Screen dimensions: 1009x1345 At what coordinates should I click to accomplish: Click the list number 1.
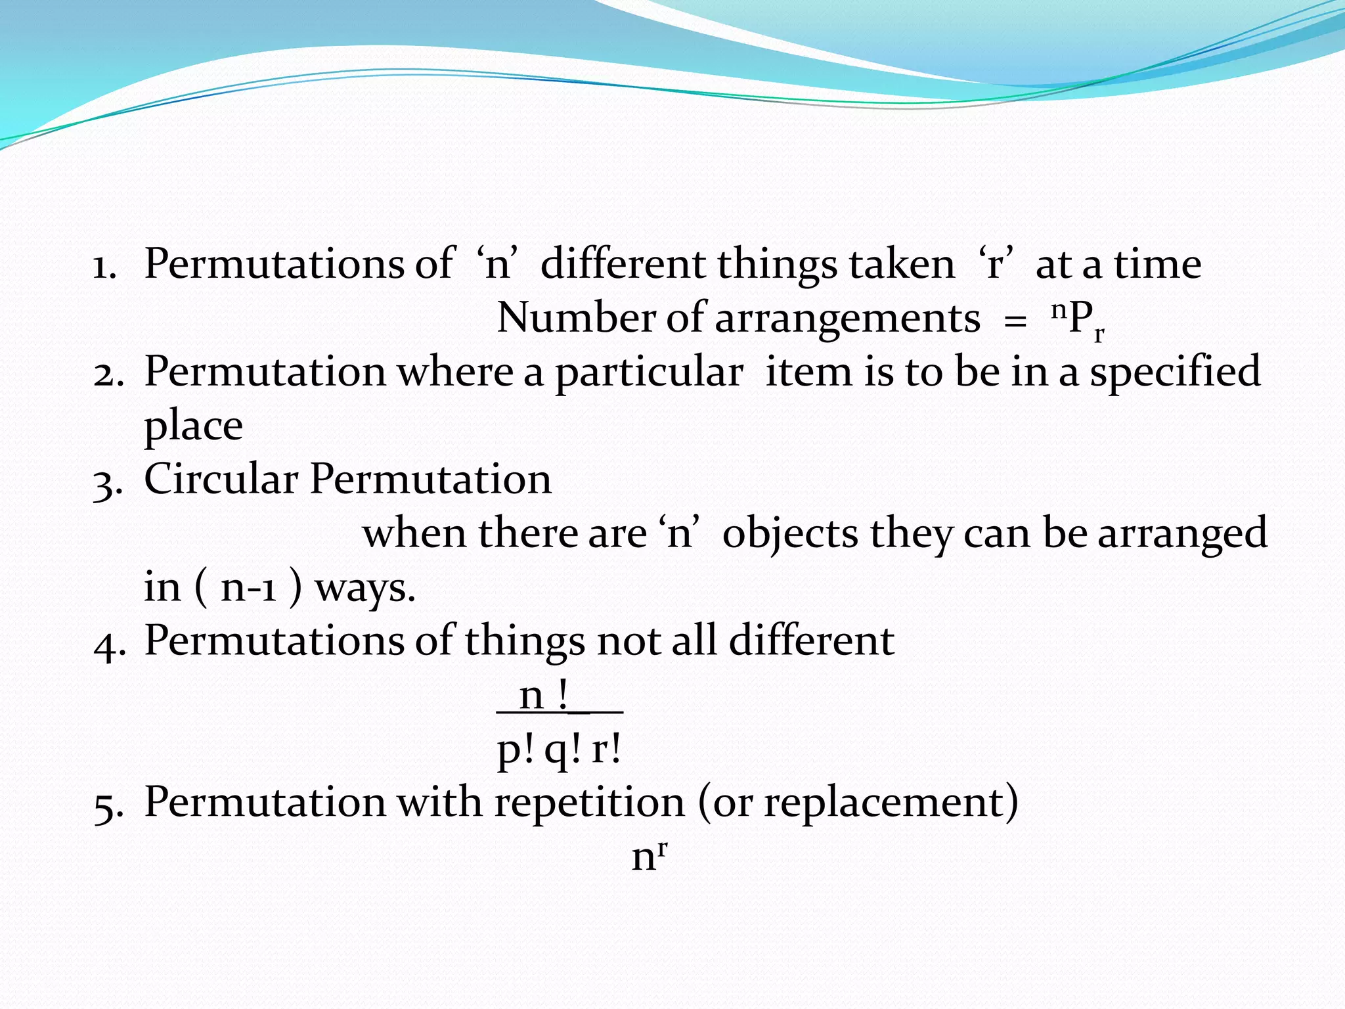coord(104,267)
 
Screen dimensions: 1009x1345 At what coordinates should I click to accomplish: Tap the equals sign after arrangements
coord(1015,323)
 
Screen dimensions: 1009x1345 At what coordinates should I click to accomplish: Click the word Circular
coord(221,478)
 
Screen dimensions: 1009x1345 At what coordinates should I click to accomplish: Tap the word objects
coord(790,533)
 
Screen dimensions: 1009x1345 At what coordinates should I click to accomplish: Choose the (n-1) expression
coord(249,587)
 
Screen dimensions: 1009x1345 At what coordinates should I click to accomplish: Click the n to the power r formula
coord(650,855)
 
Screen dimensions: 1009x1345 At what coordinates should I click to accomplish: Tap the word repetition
coord(590,803)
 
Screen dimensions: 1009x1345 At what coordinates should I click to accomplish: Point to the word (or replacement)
coord(858,803)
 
